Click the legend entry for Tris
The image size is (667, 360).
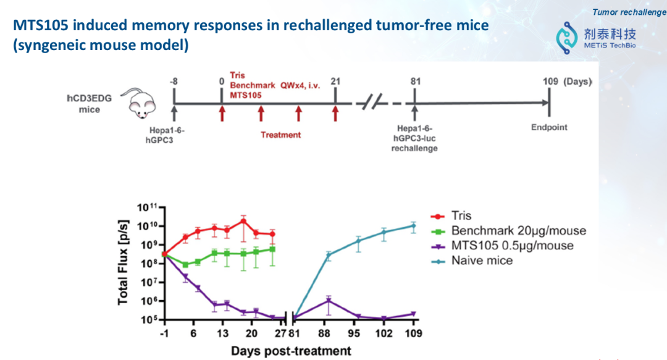tap(461, 216)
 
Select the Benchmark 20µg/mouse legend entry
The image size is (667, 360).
tap(518, 231)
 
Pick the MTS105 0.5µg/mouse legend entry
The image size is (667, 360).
tap(511, 246)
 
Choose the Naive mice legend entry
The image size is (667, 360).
tap(481, 261)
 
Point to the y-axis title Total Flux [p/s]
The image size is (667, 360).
tap(124, 262)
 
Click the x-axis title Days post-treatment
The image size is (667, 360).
tap(291, 351)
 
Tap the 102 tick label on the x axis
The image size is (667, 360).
tap(384, 333)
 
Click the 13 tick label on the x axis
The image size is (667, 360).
tap(222, 333)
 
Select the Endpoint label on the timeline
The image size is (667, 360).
tap(549, 128)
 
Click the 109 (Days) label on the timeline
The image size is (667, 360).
tap(567, 82)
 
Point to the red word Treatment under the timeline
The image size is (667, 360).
tap(280, 135)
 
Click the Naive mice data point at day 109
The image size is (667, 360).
tap(413, 225)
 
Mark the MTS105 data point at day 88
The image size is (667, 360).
tap(328, 301)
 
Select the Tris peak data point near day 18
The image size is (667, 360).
tap(243, 220)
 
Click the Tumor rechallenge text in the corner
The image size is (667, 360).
tap(629, 12)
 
